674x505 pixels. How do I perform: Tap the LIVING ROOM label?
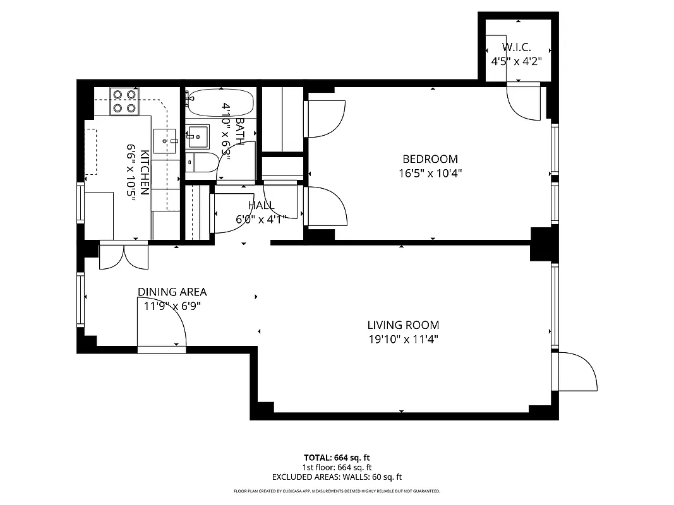click(403, 325)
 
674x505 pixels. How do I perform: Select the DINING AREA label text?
click(172, 292)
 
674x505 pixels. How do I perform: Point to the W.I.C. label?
click(516, 47)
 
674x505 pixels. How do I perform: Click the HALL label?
click(260, 205)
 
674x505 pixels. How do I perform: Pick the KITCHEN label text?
click(145, 172)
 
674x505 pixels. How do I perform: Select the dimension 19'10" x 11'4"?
click(403, 340)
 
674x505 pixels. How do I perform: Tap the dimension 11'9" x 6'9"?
click(172, 306)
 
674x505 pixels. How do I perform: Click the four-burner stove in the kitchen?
click(124, 101)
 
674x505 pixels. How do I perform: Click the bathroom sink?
click(198, 135)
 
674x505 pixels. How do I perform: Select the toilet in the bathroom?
click(202, 162)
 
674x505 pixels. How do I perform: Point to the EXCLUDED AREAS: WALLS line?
click(337, 477)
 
